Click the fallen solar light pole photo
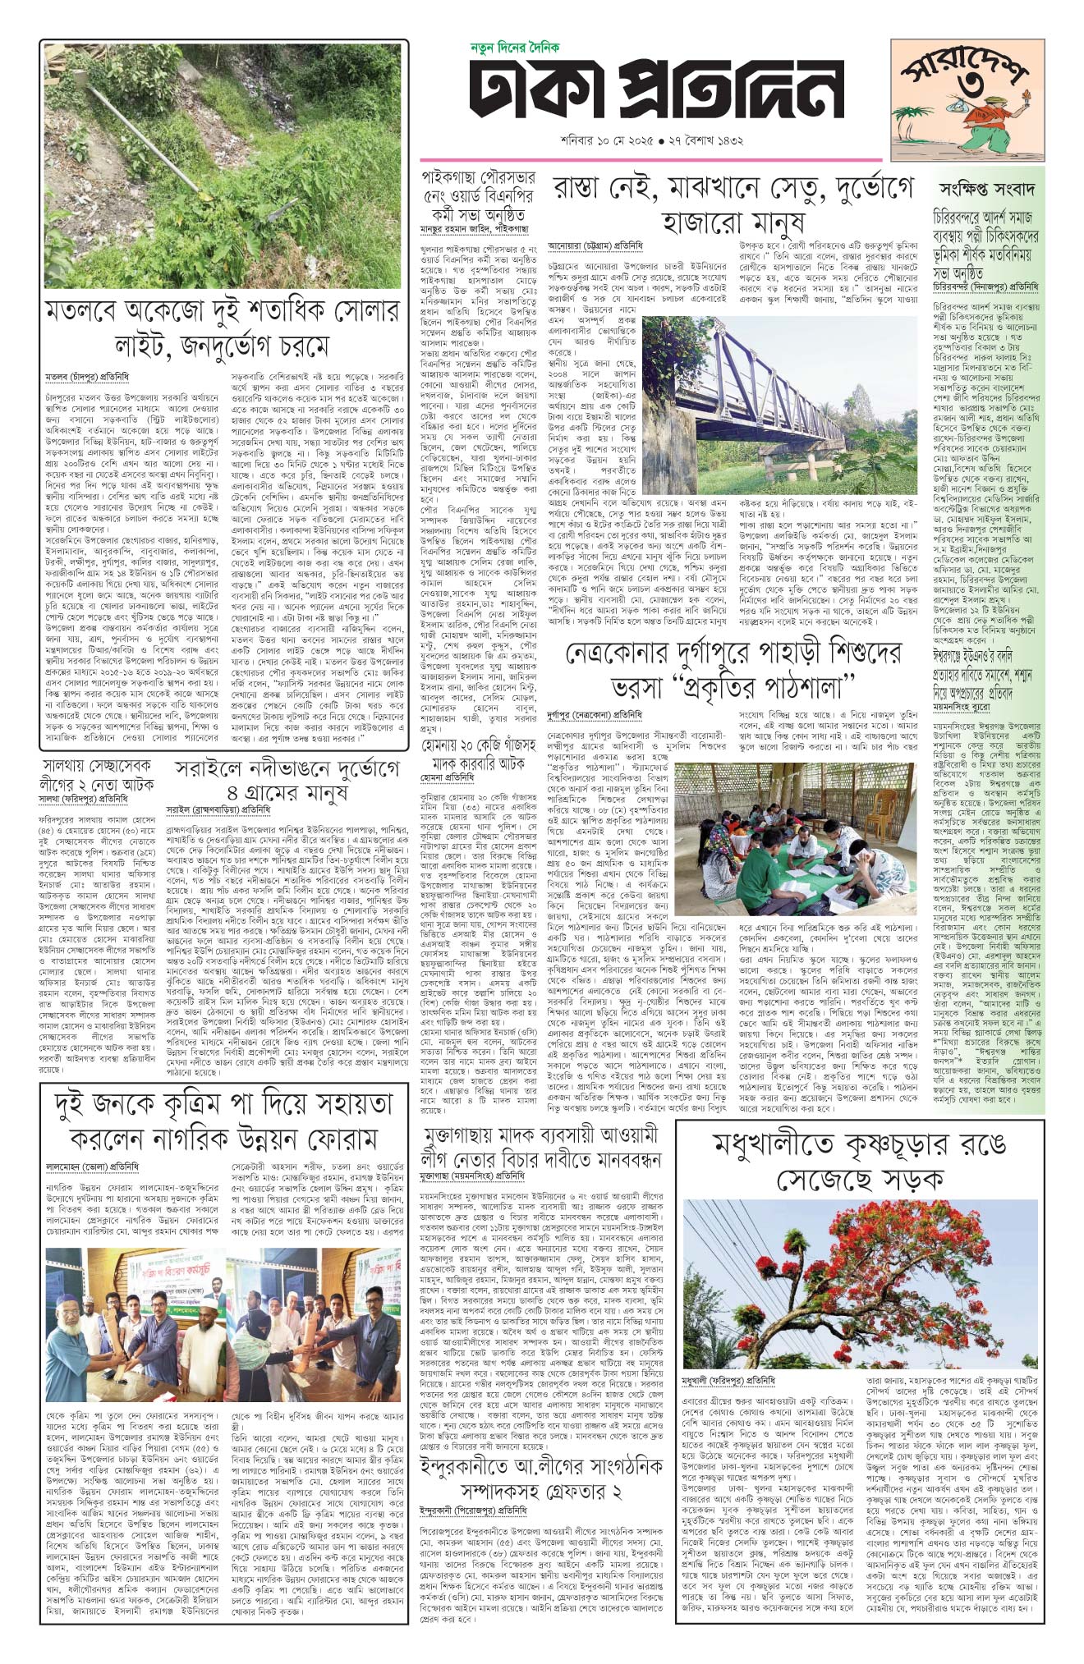coord(223,165)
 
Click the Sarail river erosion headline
coord(287,781)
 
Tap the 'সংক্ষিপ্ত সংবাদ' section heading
coord(986,190)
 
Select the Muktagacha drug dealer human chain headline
coord(540,1148)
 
